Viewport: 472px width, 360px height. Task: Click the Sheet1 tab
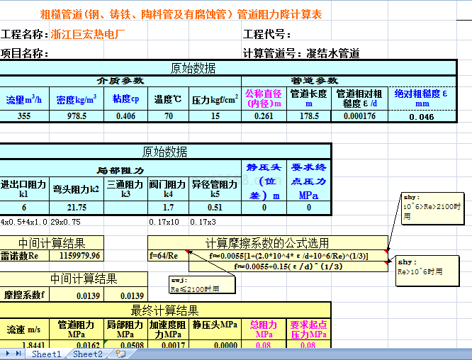pos(47,354)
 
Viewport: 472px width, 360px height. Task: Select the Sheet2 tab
pos(88,354)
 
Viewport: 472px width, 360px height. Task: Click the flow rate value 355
pos(24,116)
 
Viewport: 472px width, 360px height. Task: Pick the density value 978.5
pos(77,116)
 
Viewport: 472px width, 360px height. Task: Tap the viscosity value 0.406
pos(125,116)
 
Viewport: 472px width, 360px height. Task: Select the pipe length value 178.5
pos(309,116)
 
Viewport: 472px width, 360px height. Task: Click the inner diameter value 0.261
pos(263,116)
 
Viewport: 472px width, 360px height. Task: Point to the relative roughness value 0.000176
pos(359,116)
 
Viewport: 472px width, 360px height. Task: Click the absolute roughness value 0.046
pos(422,117)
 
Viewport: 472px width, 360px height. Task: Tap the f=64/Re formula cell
pos(164,255)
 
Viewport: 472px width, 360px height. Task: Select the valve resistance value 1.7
pos(168,207)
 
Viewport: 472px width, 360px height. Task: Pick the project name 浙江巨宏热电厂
pos(88,34)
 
